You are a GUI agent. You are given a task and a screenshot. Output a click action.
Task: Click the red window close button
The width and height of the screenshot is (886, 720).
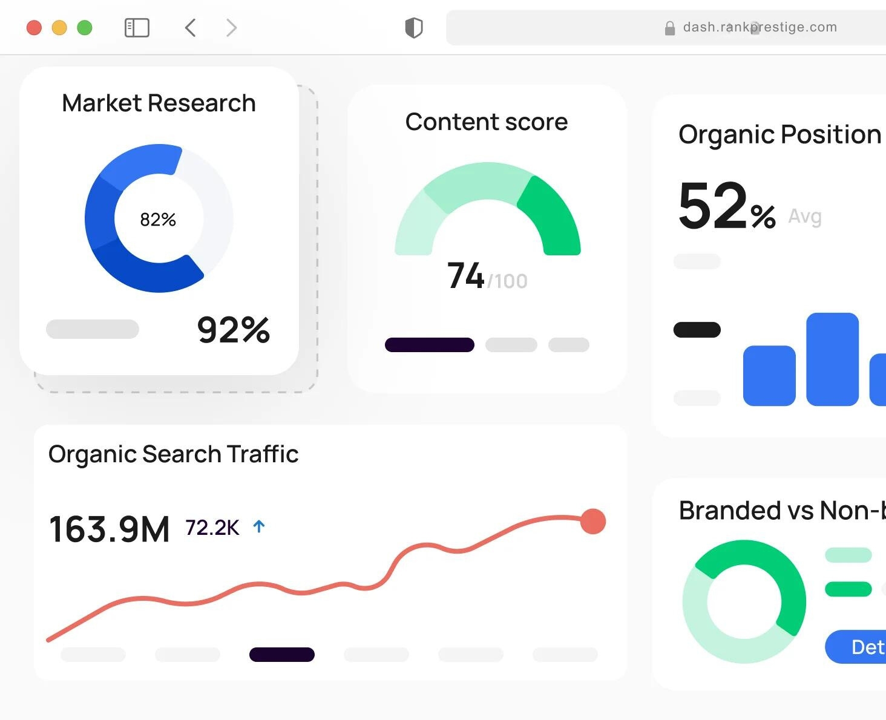[x=34, y=28]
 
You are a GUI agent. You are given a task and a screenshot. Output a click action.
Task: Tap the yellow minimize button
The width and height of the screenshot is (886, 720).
[x=59, y=28]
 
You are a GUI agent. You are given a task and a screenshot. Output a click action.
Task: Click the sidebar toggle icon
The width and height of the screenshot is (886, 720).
[x=137, y=28]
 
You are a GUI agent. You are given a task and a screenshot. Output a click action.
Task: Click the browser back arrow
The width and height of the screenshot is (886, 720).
[x=190, y=28]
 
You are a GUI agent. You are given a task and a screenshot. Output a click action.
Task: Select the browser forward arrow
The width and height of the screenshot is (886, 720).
[x=231, y=28]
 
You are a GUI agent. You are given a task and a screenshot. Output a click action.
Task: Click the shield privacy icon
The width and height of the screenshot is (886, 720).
[x=414, y=28]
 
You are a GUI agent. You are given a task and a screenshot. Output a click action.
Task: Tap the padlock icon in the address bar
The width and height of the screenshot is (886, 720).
[x=670, y=28]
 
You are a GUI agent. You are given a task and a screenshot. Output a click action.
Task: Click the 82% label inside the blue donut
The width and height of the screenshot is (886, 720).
[x=158, y=220]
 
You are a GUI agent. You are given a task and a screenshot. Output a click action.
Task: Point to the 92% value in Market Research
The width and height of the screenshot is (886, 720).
[x=234, y=330]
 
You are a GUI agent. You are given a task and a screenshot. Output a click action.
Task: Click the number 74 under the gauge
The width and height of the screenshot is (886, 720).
[x=465, y=276]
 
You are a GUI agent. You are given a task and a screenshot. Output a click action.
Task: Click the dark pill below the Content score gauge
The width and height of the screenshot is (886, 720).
[x=430, y=345]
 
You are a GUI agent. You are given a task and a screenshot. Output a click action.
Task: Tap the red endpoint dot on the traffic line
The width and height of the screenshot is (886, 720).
[x=592, y=522]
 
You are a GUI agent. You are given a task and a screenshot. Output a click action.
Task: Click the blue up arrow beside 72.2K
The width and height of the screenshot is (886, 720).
[x=259, y=527]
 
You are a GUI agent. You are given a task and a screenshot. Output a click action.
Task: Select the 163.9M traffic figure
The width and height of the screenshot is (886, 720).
[x=110, y=529]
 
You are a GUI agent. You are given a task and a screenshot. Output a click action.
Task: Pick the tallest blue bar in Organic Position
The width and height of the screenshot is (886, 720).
[x=832, y=359]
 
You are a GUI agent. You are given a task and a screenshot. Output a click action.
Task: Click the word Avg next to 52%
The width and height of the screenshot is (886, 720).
[x=805, y=217]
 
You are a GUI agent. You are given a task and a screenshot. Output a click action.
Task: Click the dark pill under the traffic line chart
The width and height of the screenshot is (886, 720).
[x=282, y=655]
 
